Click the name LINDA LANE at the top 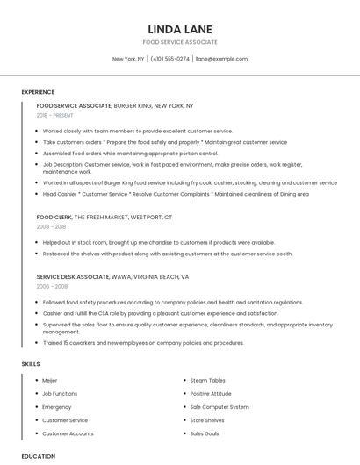click(x=180, y=29)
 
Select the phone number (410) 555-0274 click(x=169, y=59)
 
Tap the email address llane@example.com click(x=221, y=59)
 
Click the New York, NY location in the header click(x=128, y=59)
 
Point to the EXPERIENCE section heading click(x=38, y=92)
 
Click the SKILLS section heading click(x=31, y=363)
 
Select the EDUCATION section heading click(x=38, y=456)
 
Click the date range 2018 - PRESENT click(x=55, y=115)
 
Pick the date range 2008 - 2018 click(x=51, y=226)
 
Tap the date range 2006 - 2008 click(x=51, y=286)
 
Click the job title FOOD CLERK click(x=54, y=217)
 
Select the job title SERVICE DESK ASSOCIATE click(x=73, y=276)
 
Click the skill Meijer click(x=50, y=381)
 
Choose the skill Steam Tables click(x=207, y=381)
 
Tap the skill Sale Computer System click(x=219, y=407)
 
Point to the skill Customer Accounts click(x=68, y=433)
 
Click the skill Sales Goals click(x=205, y=433)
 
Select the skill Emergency click(x=56, y=407)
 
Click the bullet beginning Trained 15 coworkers click(x=143, y=343)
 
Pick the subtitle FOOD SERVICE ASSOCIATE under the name click(x=180, y=42)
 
